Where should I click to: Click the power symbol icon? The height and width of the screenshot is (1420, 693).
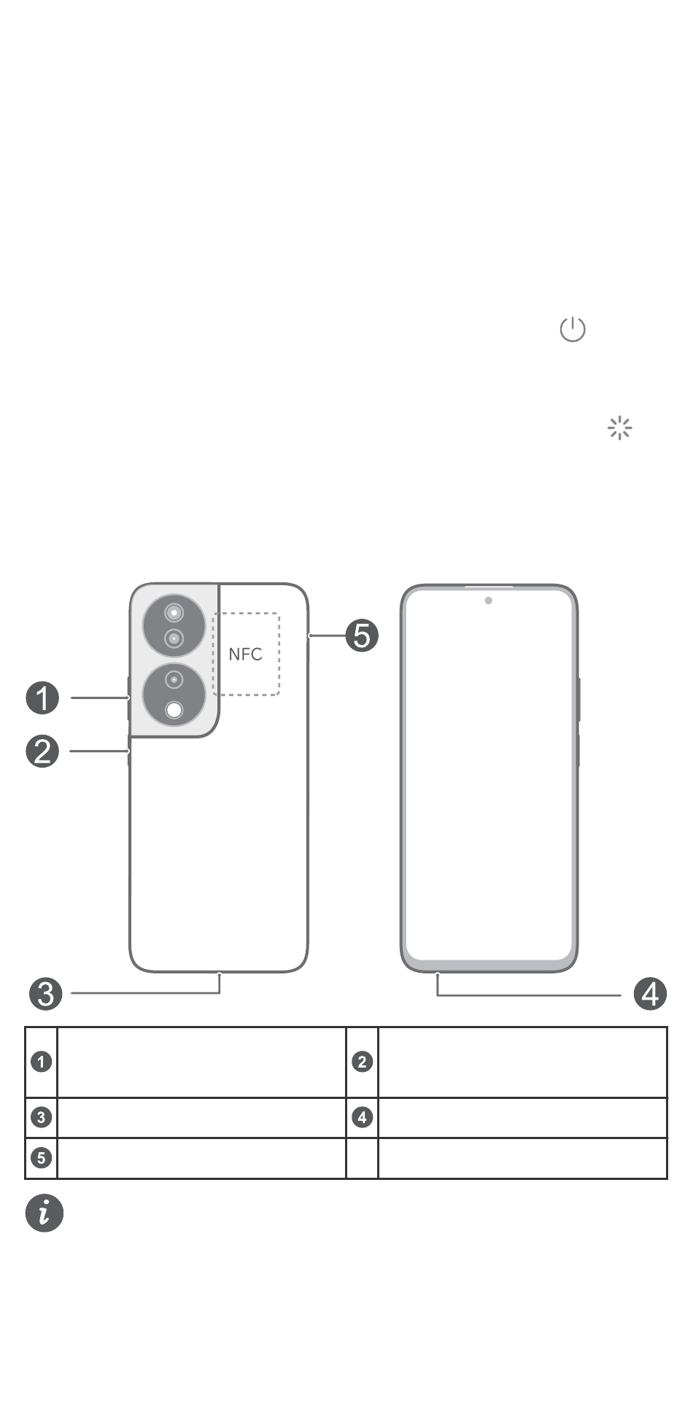click(x=573, y=330)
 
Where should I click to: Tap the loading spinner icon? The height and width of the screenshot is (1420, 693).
click(x=619, y=428)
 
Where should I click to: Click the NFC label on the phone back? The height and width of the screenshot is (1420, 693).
click(x=245, y=654)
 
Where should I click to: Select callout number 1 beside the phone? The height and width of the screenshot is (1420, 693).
click(x=42, y=698)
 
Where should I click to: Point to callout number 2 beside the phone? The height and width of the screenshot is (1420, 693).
click(x=42, y=751)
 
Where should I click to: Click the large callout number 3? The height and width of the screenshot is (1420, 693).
click(x=46, y=994)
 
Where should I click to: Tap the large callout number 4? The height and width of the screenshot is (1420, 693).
click(x=650, y=994)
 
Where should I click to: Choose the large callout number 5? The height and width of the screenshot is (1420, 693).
click(x=362, y=636)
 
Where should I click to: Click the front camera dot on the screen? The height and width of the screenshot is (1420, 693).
click(x=488, y=601)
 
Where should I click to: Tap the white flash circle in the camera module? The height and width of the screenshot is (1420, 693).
click(x=174, y=709)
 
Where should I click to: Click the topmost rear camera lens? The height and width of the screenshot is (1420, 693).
click(x=174, y=611)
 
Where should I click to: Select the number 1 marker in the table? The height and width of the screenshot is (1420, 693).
click(x=42, y=1062)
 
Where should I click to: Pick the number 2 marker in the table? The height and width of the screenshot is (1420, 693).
click(x=363, y=1062)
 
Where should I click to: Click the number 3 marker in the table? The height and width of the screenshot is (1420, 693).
click(x=42, y=1117)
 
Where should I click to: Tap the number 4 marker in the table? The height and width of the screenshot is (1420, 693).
click(x=363, y=1117)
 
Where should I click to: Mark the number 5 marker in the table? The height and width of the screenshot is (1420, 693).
click(x=42, y=1158)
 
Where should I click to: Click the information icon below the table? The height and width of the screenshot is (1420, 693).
click(x=44, y=1213)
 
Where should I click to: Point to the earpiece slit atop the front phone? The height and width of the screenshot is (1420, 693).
click(x=489, y=586)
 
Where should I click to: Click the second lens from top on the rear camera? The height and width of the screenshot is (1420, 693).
click(x=174, y=638)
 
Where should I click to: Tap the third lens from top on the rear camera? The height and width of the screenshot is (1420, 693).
click(x=174, y=680)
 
